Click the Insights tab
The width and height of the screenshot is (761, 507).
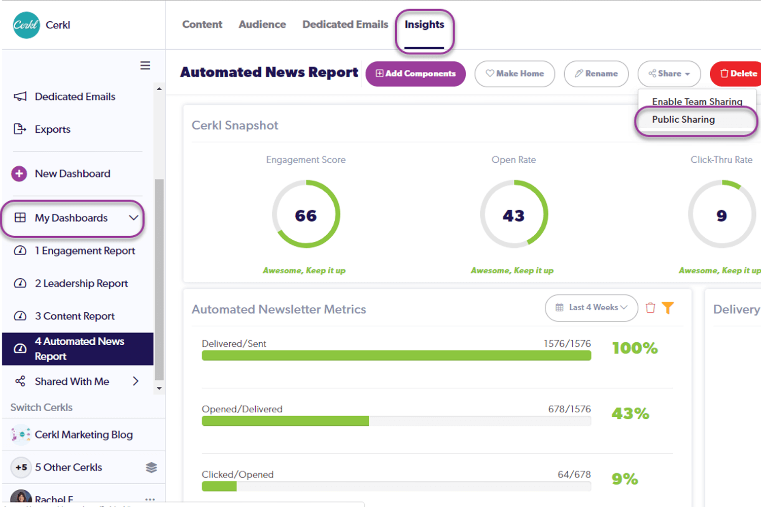424,25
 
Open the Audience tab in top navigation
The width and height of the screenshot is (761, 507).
262,25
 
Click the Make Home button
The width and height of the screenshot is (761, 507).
514,74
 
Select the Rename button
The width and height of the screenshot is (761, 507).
596,74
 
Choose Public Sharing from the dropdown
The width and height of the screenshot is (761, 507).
683,120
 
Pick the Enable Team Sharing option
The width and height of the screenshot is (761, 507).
697,101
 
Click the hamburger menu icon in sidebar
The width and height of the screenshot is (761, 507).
145,65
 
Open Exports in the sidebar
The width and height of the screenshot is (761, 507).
52,129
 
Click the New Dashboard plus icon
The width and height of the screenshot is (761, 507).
19,174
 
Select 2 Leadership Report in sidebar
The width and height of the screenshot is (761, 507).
81,283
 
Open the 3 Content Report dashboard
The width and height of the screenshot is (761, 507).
75,316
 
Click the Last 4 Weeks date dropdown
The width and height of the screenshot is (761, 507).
591,308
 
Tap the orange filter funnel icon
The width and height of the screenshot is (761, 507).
668,308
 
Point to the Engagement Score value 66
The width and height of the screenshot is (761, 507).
306,215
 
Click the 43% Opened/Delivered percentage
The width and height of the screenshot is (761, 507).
630,414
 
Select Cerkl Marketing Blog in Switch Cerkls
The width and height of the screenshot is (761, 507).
84,435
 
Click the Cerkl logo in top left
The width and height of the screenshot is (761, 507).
26,25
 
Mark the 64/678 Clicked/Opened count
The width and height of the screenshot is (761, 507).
574,475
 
